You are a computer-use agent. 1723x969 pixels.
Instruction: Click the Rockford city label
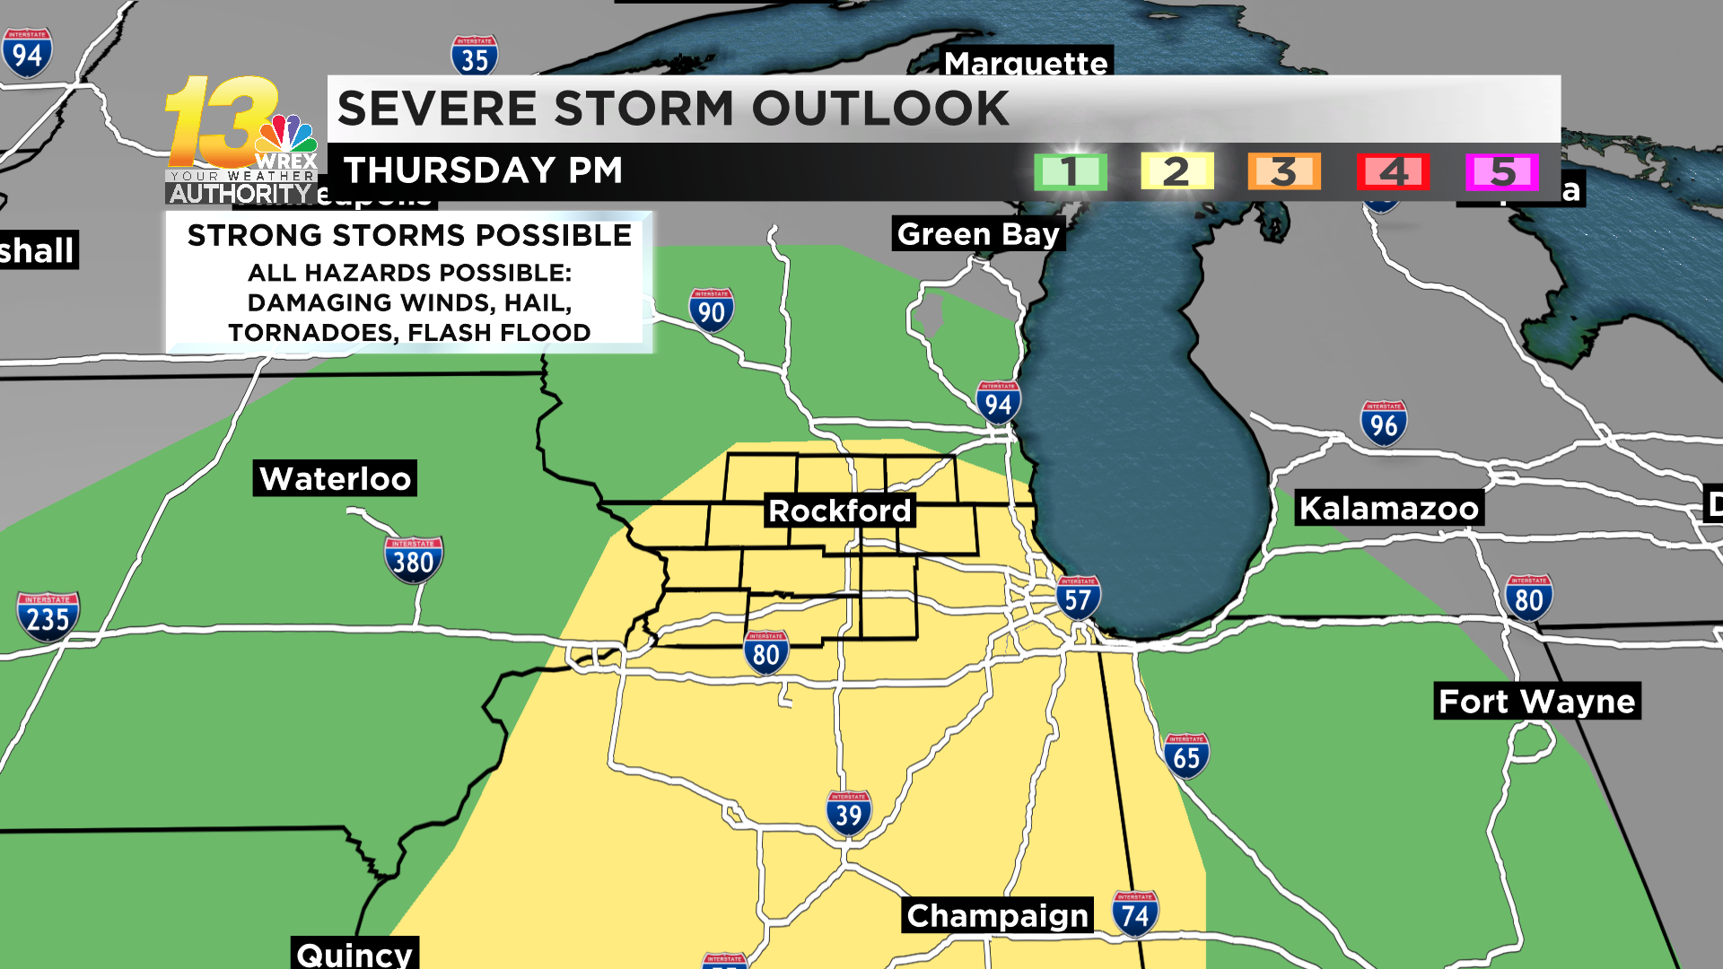(839, 511)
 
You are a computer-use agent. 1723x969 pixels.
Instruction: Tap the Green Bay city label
(978, 234)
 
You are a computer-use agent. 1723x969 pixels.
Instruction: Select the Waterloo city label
(335, 478)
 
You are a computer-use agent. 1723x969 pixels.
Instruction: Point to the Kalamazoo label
(1388, 508)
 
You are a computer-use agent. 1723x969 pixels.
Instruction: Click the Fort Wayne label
(1536, 701)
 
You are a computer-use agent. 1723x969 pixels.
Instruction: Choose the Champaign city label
(997, 915)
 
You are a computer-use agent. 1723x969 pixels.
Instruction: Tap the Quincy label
(354, 953)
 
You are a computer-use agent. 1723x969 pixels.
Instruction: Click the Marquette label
(1026, 63)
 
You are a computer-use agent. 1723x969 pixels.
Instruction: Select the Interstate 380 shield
(413, 561)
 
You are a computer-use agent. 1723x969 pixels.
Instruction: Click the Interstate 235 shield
(48, 617)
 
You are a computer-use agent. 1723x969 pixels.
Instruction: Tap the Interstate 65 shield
(1185, 756)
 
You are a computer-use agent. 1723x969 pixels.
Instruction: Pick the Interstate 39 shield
(848, 814)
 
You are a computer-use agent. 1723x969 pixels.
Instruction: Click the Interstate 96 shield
(1383, 423)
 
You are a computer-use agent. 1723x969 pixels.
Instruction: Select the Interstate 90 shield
(712, 311)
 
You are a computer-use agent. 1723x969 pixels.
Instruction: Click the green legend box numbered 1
(1070, 171)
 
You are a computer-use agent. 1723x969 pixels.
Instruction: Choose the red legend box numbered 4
(1393, 171)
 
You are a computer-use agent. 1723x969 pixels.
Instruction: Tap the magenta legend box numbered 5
(1502, 171)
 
